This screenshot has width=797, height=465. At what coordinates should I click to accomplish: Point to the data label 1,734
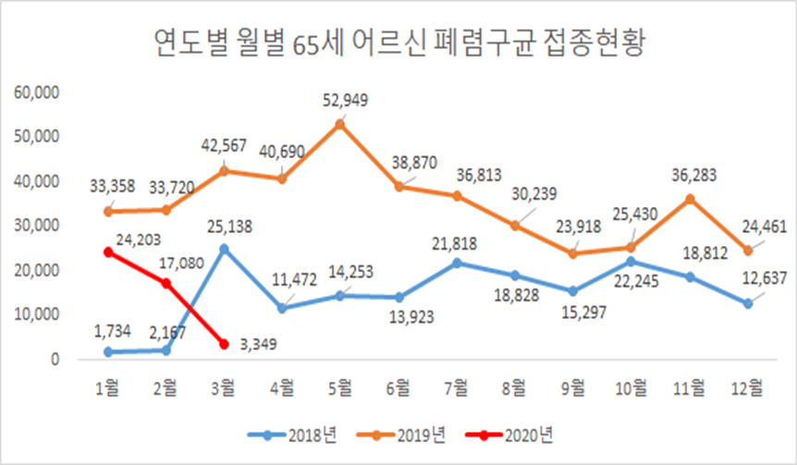pos(112,330)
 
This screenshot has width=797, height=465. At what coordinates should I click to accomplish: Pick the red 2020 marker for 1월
pos(108,251)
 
